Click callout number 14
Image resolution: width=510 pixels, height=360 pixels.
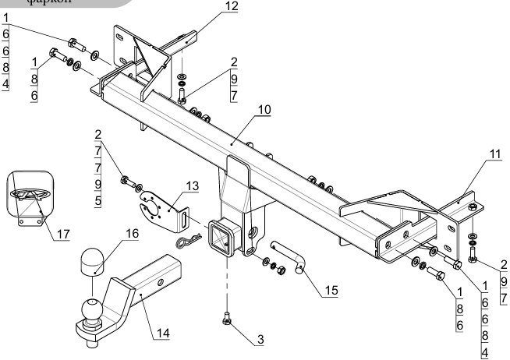pyautogui.click(x=162, y=334)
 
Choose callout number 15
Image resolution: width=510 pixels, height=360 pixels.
pyautogui.click(x=331, y=290)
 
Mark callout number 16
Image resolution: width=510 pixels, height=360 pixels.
pyautogui.click(x=132, y=232)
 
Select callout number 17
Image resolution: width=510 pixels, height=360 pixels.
pyautogui.click(x=60, y=233)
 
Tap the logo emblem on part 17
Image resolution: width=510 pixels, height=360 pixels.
pyautogui.click(x=30, y=192)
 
